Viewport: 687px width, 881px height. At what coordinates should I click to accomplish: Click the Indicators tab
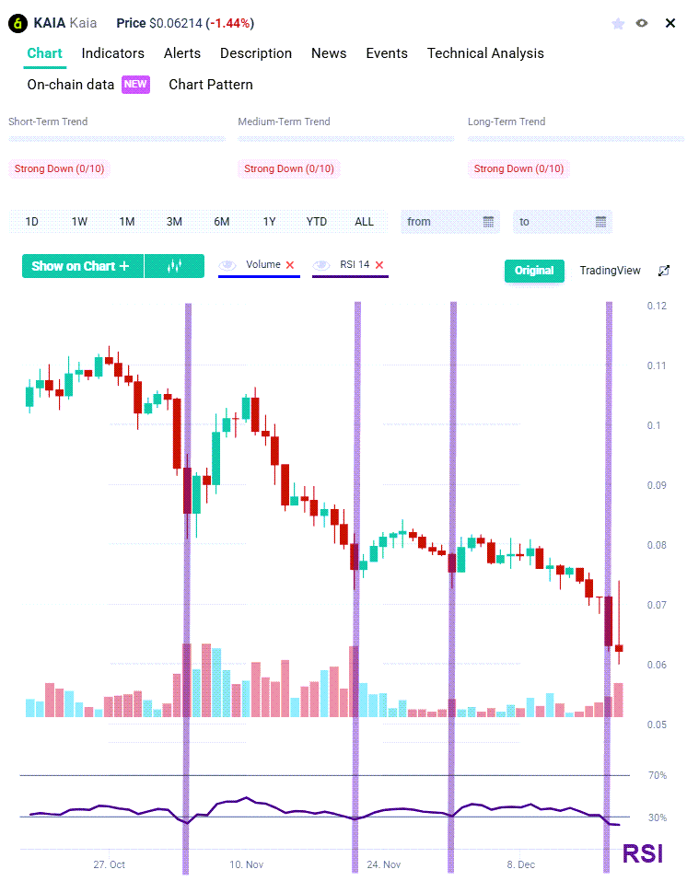112,53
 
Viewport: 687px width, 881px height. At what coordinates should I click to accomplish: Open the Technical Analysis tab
485,53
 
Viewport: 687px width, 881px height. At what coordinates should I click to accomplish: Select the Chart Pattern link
211,85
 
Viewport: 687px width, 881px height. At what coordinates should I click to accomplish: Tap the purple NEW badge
135,85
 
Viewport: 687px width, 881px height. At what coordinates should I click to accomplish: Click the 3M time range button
174,222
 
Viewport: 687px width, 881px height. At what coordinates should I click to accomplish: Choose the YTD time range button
317,222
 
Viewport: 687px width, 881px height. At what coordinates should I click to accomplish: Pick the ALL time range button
365,222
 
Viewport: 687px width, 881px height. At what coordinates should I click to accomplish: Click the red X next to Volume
290,265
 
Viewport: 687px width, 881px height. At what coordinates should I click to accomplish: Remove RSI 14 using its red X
379,265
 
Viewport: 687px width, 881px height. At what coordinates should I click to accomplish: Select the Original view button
534,271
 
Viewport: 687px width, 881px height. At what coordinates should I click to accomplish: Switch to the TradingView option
610,271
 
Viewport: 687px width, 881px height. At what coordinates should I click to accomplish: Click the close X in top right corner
670,23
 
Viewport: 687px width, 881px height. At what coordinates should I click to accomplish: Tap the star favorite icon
618,23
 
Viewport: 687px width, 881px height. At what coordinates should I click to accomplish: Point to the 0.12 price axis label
657,306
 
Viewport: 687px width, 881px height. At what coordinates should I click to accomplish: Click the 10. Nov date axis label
247,865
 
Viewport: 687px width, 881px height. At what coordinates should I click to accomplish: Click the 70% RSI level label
658,776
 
